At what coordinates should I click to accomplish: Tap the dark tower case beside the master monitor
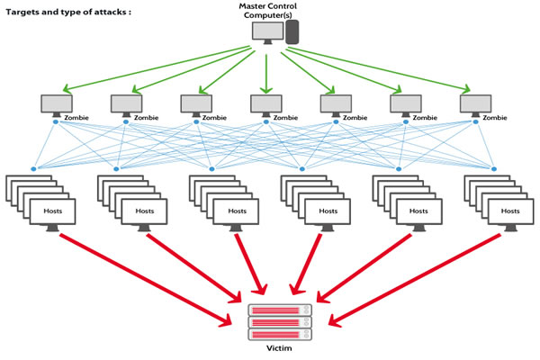pos(292,32)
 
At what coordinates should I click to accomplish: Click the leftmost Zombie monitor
pos(56,103)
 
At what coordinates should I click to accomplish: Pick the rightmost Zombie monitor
pos(474,103)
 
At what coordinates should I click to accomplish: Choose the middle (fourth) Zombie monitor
pos(265,103)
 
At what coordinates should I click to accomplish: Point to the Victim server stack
pos(279,321)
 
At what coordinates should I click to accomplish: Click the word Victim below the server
pos(279,349)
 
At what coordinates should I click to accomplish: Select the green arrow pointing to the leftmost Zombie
pos(153,68)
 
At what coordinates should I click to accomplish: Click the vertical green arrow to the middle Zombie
pos(266,70)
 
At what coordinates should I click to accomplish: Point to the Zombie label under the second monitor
pos(145,117)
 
